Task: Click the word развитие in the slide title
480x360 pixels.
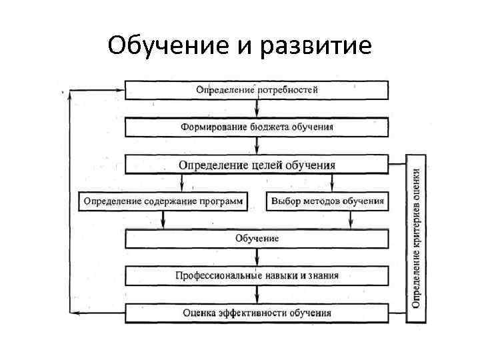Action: [315, 46]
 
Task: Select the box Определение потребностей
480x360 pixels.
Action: [257, 89]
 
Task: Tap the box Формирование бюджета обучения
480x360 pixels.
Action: [257, 126]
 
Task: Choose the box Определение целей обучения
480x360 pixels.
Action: [257, 165]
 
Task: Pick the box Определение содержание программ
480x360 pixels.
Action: [163, 201]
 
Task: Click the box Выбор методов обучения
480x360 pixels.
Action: [327, 201]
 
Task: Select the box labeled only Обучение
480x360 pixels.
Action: [257, 238]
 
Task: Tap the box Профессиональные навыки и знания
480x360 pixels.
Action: [257, 275]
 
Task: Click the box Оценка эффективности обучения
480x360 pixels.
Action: [257, 312]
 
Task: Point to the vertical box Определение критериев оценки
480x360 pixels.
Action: [416, 239]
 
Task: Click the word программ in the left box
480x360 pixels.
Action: [223, 201]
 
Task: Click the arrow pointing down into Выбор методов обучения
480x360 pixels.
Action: [331, 185]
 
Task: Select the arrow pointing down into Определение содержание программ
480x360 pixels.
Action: [181, 185]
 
